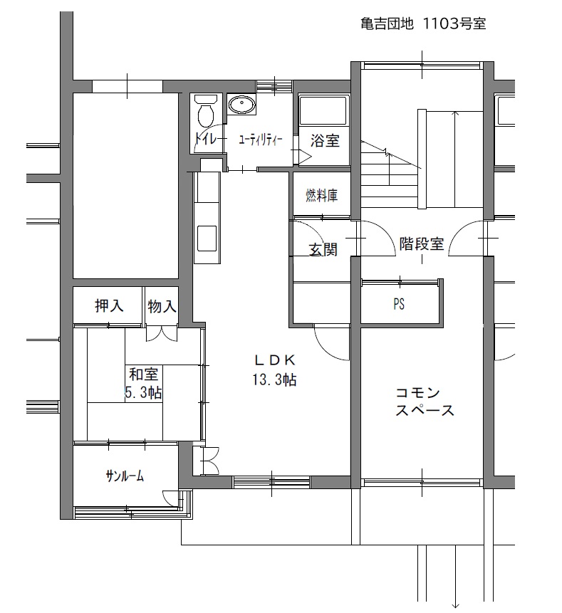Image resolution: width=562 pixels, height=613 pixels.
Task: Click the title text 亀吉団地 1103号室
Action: (423, 23)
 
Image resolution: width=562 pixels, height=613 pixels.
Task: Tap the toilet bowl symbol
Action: (206, 112)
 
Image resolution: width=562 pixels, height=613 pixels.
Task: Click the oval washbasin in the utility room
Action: (241, 105)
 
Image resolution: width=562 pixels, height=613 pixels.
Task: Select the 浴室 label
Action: (325, 141)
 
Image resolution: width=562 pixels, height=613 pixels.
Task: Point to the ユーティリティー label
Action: (261, 140)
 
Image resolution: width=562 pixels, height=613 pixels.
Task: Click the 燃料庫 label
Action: (321, 195)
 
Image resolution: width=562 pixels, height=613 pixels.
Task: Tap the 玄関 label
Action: (323, 249)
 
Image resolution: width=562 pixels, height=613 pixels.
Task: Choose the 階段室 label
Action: (422, 243)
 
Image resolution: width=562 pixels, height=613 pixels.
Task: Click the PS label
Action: (399, 304)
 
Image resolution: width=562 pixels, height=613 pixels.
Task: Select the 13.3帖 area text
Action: (274, 379)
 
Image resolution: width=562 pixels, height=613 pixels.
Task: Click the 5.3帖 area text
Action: (144, 392)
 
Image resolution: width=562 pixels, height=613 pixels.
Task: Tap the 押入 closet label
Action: (109, 305)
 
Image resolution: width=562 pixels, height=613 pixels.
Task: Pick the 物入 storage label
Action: (162, 306)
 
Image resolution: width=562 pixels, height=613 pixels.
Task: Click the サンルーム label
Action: (125, 476)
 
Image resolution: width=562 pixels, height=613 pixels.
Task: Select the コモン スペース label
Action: (425, 402)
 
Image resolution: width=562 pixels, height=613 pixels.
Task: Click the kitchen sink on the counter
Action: (207, 238)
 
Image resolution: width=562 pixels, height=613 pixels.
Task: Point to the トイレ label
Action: (205, 139)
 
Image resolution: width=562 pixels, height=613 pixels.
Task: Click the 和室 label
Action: (144, 374)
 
